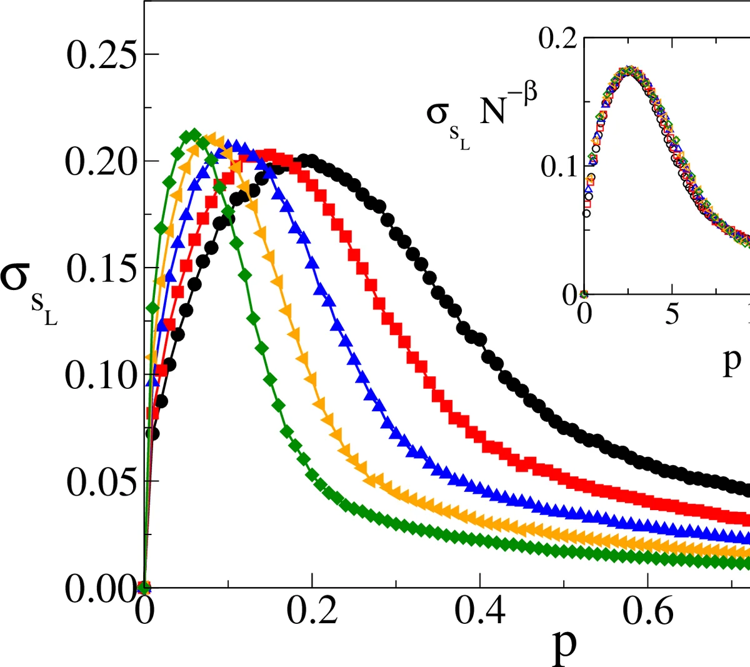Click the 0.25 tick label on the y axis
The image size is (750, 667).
click(x=100, y=55)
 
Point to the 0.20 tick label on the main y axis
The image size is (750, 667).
click(x=100, y=162)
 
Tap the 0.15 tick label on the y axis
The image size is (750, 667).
click(x=100, y=269)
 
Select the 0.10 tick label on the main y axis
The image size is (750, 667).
click(x=100, y=376)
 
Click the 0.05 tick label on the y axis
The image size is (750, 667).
click(x=100, y=483)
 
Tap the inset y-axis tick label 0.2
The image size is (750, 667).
click(x=558, y=39)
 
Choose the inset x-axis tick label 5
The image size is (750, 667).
click(x=671, y=313)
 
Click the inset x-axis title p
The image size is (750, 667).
click(x=731, y=361)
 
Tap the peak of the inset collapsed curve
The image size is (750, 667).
click(x=631, y=70)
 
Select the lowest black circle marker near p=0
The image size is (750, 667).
click(x=152, y=433)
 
